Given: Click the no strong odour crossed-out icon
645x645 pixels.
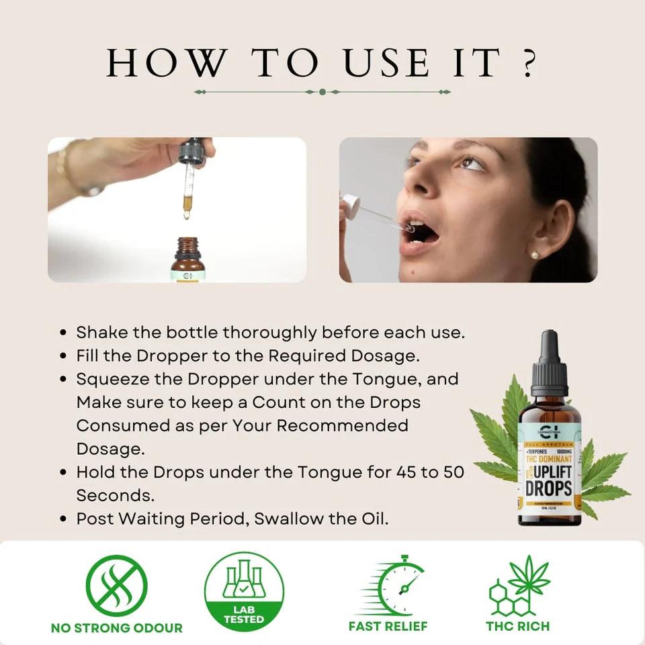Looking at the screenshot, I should coord(116,585).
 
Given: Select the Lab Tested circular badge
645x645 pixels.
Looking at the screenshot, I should coord(244,591).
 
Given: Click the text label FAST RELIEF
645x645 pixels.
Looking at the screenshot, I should coord(388,626).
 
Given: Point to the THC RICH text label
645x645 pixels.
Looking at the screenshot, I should coord(517,626).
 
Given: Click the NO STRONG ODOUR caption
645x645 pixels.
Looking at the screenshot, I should coord(116,628).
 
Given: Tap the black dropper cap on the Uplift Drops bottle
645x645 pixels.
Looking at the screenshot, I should coord(549,363).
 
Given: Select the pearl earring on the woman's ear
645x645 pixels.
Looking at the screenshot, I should coord(535,255).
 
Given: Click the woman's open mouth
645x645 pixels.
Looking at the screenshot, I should coord(421,234).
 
